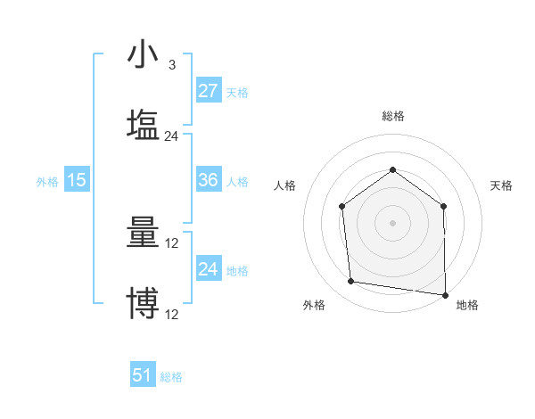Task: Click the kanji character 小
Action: [x=143, y=55]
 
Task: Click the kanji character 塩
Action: [x=143, y=125]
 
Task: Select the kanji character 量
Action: [x=143, y=234]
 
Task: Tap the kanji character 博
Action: [x=143, y=303]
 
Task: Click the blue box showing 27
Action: [x=208, y=91]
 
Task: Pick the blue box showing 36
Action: [x=208, y=180]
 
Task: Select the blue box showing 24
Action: [x=208, y=269]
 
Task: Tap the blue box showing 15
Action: [x=77, y=180]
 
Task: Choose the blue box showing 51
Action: [x=143, y=375]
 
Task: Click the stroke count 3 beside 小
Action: [x=171, y=65]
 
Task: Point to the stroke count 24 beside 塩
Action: [x=172, y=136]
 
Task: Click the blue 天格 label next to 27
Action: [x=237, y=93]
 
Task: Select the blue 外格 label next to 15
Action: [x=47, y=182]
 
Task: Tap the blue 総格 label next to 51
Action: [x=171, y=377]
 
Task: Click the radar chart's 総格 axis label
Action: [x=392, y=116]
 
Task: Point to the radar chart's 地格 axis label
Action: [x=467, y=305]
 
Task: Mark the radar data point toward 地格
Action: [x=445, y=294]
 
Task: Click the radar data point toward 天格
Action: [x=444, y=206]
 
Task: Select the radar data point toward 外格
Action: [x=351, y=282]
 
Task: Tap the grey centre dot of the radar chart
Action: [x=392, y=223]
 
